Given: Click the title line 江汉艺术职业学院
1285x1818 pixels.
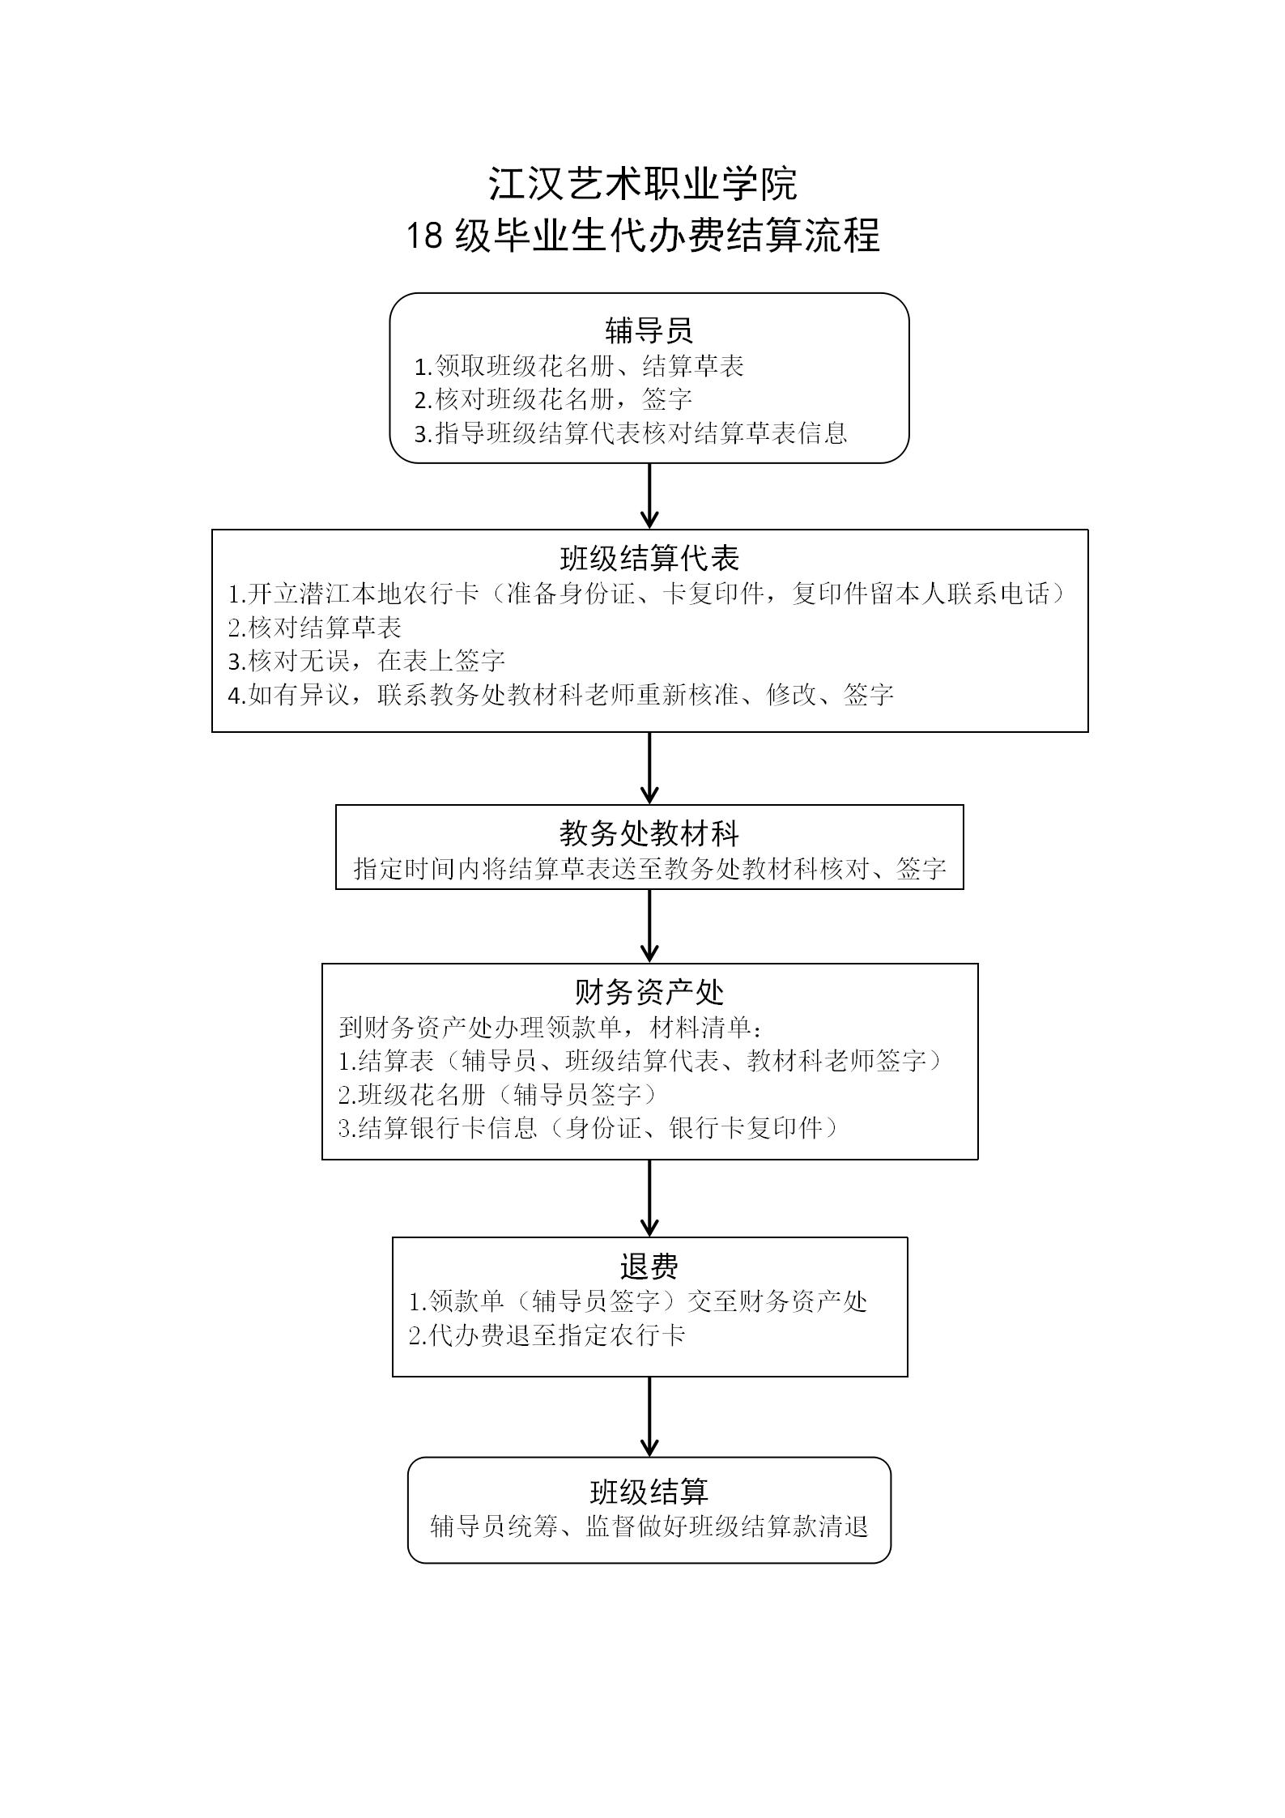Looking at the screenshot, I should (642, 184).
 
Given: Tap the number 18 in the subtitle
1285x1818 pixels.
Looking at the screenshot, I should (423, 236).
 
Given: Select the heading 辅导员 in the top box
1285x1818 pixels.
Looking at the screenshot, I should (649, 330).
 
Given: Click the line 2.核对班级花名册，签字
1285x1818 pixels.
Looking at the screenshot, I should (553, 399).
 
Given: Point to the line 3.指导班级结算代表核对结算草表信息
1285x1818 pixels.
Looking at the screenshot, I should (631, 433).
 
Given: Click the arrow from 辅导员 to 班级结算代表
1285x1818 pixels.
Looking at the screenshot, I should (649, 496).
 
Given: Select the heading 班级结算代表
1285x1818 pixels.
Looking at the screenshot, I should (649, 559).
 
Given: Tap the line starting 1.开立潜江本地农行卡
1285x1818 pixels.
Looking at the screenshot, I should (648, 594).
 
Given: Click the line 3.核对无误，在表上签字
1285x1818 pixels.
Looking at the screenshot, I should (367, 661).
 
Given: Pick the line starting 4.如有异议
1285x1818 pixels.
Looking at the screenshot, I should (560, 695).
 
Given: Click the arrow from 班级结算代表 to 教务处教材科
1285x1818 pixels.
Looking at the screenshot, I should (649, 768).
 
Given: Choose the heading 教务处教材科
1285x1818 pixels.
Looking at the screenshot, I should (649, 833).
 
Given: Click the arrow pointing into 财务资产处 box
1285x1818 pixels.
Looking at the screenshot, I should (649, 926).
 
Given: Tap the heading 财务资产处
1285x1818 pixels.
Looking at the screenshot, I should (649, 992).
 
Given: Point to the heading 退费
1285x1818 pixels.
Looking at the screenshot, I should (649, 1267).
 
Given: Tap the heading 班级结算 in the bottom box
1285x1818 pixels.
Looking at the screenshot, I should (649, 1491).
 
